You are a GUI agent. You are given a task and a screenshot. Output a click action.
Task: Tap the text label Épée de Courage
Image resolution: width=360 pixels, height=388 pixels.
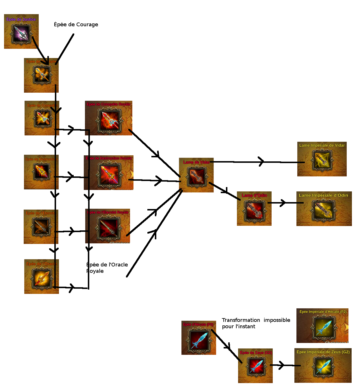click(76, 25)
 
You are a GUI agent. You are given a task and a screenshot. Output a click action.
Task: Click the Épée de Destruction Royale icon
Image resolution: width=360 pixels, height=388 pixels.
click(109, 174)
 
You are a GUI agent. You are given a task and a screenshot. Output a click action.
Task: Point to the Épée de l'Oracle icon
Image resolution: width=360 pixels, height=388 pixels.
click(42, 278)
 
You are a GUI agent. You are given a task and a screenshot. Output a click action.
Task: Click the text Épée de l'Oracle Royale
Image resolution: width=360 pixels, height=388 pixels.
click(107, 268)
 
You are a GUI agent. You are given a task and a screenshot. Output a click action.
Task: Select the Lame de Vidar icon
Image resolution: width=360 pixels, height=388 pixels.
click(196, 176)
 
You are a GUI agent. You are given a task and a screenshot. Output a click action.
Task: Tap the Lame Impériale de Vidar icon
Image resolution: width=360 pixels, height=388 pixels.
click(322, 160)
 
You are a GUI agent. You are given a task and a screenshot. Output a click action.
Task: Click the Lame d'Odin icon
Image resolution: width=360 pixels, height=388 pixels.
click(254, 210)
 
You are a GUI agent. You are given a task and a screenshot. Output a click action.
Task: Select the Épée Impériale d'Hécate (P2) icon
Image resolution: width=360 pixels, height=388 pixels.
click(323, 327)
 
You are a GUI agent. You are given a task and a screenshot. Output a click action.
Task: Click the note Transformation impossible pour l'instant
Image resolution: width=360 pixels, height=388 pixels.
click(256, 323)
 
